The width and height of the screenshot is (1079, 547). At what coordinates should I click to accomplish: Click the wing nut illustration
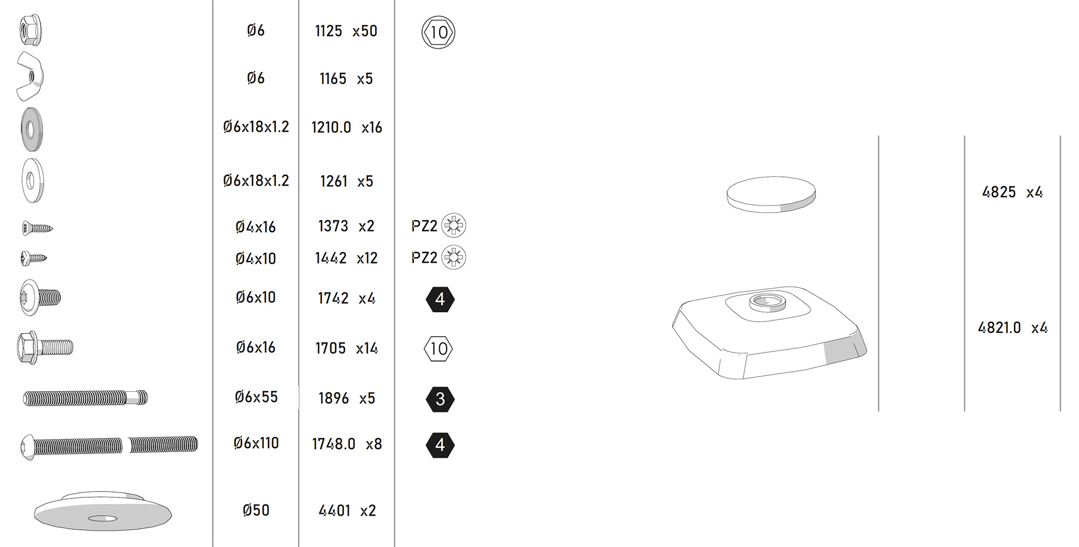[30, 77]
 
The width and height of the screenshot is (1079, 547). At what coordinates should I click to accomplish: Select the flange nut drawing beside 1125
[30, 30]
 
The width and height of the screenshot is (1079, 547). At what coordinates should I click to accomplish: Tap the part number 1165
[333, 79]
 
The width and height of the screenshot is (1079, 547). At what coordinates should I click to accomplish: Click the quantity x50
[365, 31]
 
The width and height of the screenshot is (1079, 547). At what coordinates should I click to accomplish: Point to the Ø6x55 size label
[256, 397]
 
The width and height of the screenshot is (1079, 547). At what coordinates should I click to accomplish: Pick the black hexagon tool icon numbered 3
[440, 399]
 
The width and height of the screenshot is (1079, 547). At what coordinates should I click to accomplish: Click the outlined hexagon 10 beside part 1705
[439, 349]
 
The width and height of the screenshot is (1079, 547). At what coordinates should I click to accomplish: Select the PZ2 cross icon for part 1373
[454, 225]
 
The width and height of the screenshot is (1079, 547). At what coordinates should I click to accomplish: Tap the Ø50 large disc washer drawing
[103, 511]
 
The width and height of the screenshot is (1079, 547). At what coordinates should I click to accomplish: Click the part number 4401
[334, 511]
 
